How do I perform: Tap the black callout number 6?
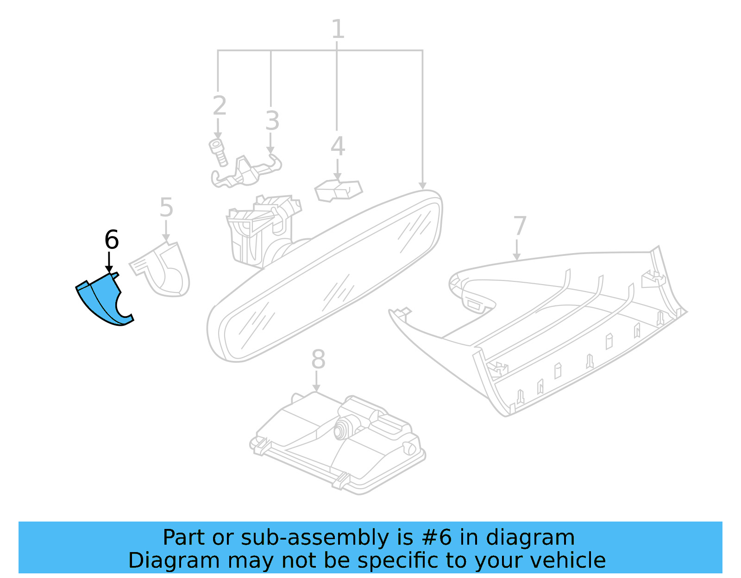click(112, 240)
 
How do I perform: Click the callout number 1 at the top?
click(338, 29)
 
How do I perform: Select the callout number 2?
click(219, 106)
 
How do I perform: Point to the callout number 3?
click(272, 121)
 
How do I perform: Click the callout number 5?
click(166, 207)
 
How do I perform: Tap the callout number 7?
click(520, 226)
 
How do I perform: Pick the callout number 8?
click(318, 359)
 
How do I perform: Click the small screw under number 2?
click(218, 152)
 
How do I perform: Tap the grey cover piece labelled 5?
click(164, 271)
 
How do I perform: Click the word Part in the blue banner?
click(182, 538)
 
